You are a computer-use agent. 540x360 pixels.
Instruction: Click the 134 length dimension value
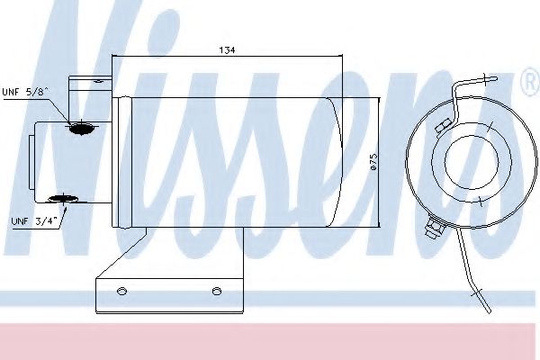[227, 50]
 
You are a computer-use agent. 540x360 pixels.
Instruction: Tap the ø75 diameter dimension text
[373, 162]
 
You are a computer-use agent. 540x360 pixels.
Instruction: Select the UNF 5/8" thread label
[25, 92]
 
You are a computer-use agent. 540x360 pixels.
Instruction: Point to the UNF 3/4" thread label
[33, 221]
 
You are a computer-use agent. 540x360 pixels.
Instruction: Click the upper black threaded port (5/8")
[81, 129]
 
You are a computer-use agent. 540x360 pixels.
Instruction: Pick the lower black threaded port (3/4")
[63, 198]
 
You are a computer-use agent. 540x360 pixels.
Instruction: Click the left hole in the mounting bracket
[121, 291]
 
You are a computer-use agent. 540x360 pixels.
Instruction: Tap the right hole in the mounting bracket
[217, 291]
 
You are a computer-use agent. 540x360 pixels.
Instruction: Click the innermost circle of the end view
[472, 160]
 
